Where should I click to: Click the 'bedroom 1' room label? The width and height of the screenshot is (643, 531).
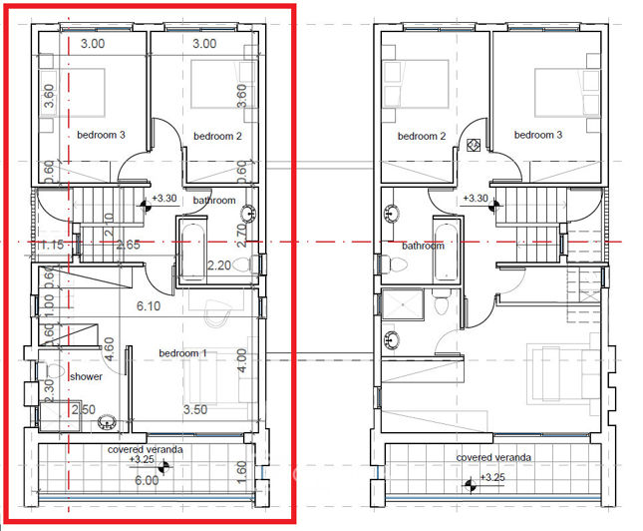tap(183, 353)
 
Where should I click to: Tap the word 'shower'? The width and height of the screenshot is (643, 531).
tap(86, 376)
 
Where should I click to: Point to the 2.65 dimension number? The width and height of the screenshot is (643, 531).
tap(127, 245)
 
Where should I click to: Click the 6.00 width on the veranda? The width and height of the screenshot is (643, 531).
tap(146, 479)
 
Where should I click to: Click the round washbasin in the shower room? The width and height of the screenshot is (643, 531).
tap(106, 423)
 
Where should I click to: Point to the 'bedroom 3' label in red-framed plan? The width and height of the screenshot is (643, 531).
tap(101, 136)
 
